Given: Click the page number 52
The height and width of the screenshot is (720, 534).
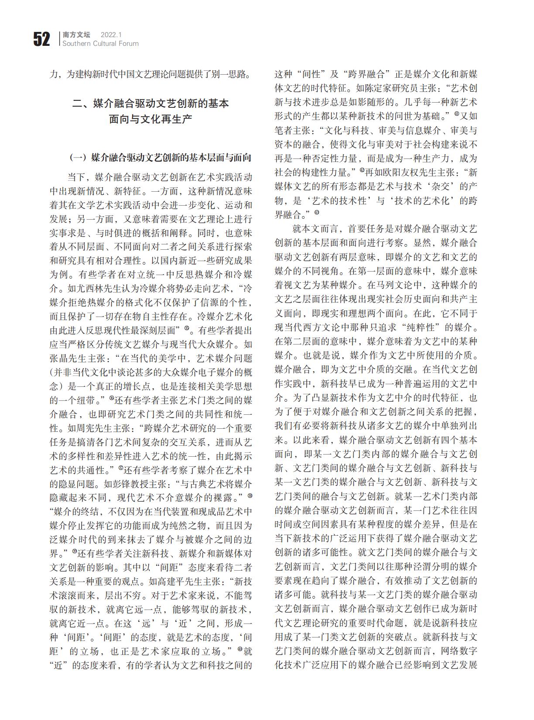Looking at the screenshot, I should point(41,39).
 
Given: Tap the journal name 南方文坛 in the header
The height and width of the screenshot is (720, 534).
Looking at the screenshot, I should point(76,34).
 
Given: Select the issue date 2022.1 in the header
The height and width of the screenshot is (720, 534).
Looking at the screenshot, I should point(111,34).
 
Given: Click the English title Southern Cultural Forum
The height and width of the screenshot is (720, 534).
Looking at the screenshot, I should point(100,44).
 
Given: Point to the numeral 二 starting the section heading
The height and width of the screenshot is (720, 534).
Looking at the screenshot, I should point(77,103).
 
